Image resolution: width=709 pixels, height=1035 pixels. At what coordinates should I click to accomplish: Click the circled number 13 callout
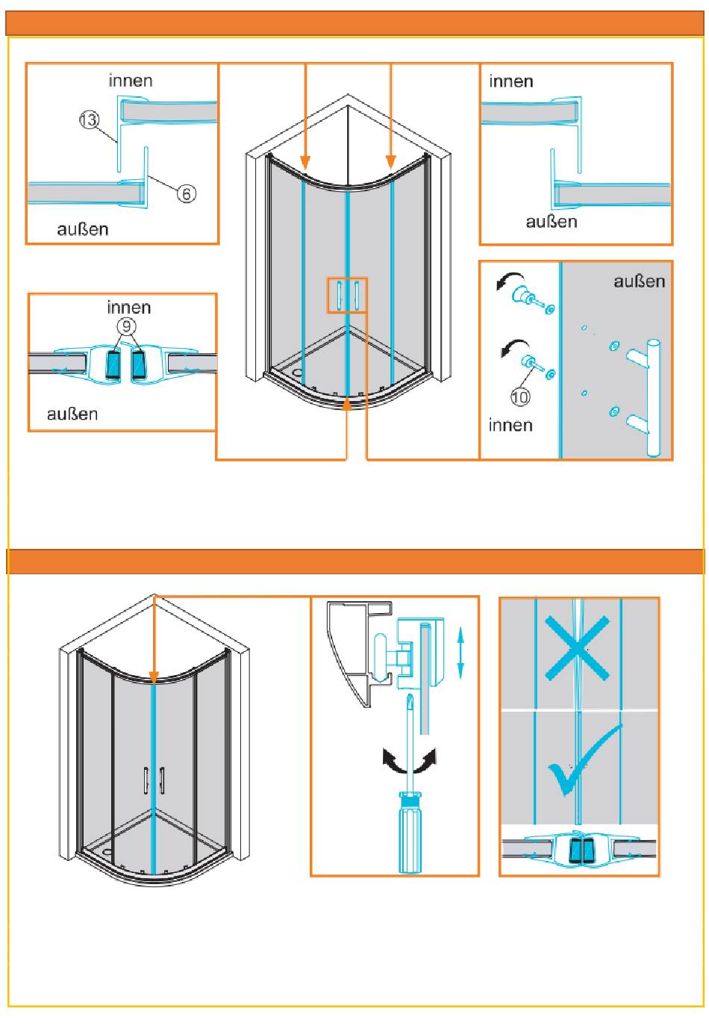click(x=89, y=119)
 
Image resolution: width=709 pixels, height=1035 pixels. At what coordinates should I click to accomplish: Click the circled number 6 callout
click(x=187, y=193)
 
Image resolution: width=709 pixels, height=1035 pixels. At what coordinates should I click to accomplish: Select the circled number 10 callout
click(x=520, y=396)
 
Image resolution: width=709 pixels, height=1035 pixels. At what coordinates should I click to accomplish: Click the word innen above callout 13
click(x=131, y=81)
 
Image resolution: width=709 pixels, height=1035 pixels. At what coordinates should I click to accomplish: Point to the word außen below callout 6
click(x=83, y=229)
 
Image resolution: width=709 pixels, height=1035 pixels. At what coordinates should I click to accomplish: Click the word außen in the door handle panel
click(x=639, y=282)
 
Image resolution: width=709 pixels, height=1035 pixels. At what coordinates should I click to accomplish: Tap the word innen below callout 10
click(x=510, y=425)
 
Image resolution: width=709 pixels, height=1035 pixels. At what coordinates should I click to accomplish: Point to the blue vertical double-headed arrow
click(x=460, y=651)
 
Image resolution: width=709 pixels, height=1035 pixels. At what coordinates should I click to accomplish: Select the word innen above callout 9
click(x=129, y=307)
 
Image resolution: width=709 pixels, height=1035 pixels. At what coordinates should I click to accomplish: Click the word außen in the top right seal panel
click(x=552, y=222)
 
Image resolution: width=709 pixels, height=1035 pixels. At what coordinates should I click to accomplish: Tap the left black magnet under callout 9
click(x=113, y=364)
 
